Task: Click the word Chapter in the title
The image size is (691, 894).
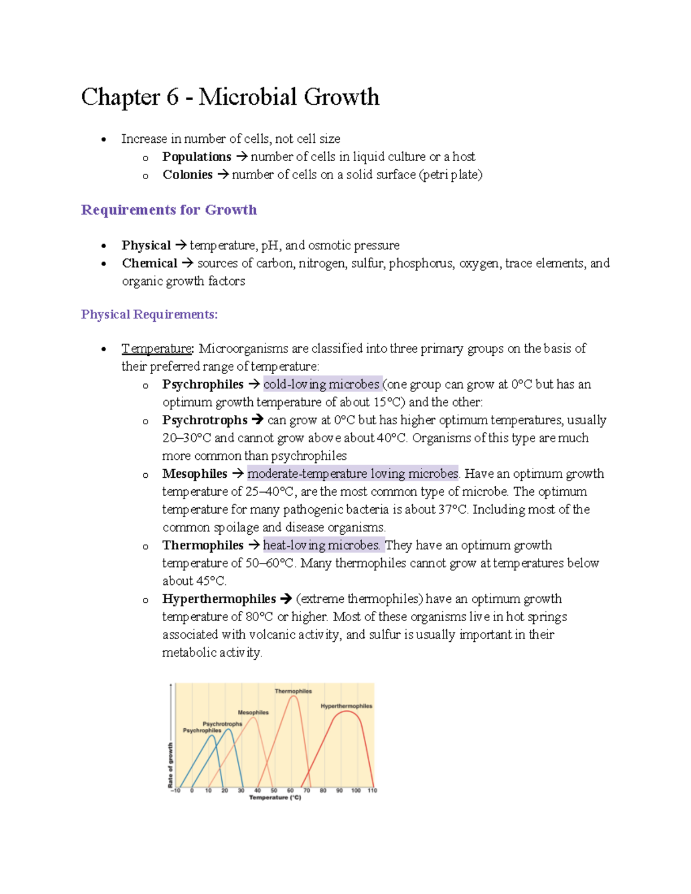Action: [x=120, y=97]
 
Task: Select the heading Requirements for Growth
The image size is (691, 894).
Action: [x=169, y=210]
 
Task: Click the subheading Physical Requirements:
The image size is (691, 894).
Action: [x=149, y=314]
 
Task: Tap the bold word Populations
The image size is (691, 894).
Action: [x=196, y=157]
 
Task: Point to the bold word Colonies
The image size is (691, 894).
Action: [x=187, y=175]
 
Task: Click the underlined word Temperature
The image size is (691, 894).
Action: [x=157, y=349]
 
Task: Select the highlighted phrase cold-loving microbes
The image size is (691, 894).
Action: [x=321, y=385]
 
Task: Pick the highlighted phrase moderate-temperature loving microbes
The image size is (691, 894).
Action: [x=352, y=474]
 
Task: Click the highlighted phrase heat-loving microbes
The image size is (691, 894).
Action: [x=321, y=545]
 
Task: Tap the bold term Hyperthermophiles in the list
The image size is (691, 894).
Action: [x=219, y=599]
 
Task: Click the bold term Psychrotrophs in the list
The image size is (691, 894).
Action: [x=204, y=420]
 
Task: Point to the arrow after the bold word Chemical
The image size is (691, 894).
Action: [x=187, y=264]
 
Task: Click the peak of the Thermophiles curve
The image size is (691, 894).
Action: [x=294, y=697]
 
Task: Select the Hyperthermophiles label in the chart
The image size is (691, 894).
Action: [x=346, y=706]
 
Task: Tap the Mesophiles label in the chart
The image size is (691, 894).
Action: [x=253, y=712]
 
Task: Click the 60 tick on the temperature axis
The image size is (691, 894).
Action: [x=290, y=790]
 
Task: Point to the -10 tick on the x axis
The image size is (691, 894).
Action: [x=175, y=790]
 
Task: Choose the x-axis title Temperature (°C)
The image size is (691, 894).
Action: [x=275, y=798]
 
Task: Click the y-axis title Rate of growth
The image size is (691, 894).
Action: [x=170, y=764]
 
